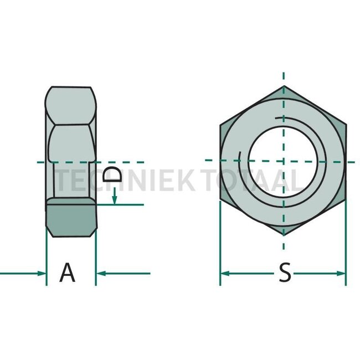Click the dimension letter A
67,272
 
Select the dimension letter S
284,272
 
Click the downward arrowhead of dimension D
115,199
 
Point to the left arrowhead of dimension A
41,273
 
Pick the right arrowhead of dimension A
101,273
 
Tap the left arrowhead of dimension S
225,273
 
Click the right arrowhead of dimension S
341,273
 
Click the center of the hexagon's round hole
283,160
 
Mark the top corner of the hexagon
283,87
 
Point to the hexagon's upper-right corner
346,124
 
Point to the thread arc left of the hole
240,163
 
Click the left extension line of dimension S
220,244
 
